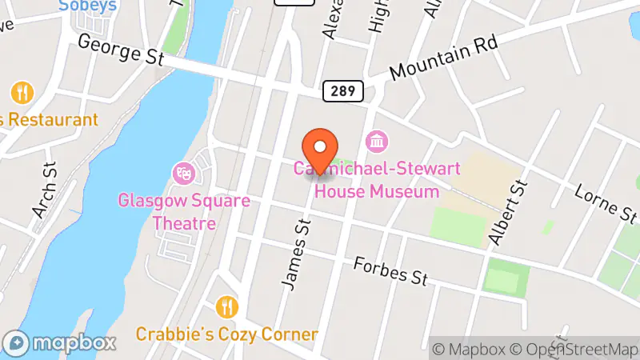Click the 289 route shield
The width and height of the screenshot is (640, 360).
(344, 90)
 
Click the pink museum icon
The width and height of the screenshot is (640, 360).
(375, 142)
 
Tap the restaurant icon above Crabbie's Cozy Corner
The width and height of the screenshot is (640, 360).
(227, 306)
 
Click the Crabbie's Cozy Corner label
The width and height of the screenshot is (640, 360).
(227, 334)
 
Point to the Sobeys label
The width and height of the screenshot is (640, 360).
(88, 6)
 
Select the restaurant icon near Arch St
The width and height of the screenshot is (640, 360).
(22, 92)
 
